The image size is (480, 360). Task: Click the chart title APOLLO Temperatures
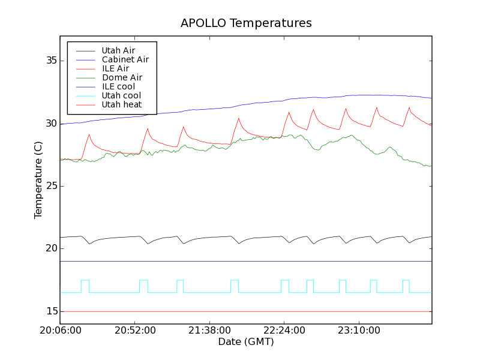pyautogui.click(x=246, y=23)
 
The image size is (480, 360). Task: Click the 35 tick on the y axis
pyautogui.click(x=50, y=61)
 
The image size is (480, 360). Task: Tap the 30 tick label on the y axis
pyautogui.click(x=50, y=124)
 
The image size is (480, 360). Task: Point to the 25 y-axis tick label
pyautogui.click(x=50, y=186)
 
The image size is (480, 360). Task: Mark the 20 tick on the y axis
pyautogui.click(x=50, y=248)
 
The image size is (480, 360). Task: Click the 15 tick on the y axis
pyautogui.click(x=50, y=311)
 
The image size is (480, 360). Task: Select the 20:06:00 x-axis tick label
pyautogui.click(x=60, y=331)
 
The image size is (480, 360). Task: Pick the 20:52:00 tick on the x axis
pyautogui.click(x=135, y=331)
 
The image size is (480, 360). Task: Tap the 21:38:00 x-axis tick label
pyautogui.click(x=209, y=331)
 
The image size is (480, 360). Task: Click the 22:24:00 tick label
pyautogui.click(x=284, y=331)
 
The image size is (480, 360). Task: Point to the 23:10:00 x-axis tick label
pyautogui.click(x=359, y=331)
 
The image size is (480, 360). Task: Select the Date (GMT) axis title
pyautogui.click(x=246, y=341)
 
